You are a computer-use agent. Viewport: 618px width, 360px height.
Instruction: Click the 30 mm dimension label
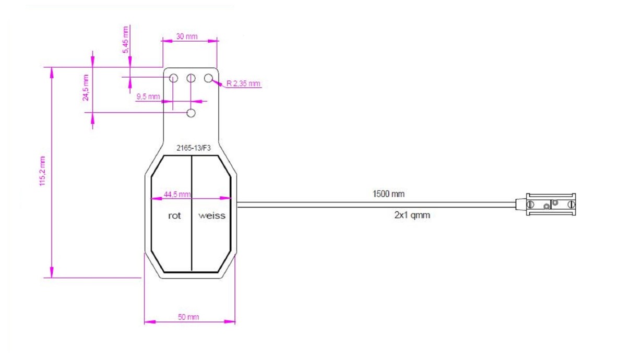tap(187, 36)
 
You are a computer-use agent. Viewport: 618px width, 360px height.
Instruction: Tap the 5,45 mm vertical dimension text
tap(126, 40)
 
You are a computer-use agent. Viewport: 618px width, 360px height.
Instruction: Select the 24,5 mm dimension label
tap(86, 88)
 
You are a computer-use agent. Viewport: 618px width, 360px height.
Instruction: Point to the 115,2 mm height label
tap(43, 171)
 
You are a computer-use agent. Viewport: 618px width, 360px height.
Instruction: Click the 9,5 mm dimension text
tap(148, 97)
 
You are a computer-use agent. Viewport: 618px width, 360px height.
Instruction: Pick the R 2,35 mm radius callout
tap(243, 83)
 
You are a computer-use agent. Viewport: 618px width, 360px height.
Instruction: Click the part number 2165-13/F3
tap(194, 148)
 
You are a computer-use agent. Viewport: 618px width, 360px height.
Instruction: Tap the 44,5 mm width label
tap(177, 194)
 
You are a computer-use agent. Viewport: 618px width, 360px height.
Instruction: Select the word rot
tap(174, 216)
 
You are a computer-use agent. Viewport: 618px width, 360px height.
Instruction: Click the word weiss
tap(211, 216)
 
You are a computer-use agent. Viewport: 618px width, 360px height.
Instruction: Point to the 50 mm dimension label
tap(188, 317)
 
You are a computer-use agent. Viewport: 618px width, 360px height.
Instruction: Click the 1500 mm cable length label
tap(388, 194)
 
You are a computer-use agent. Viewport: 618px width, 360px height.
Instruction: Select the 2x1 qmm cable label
tap(412, 215)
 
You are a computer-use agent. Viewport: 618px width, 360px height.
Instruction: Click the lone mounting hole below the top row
tap(191, 113)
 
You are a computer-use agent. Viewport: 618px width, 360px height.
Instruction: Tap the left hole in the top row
tap(173, 78)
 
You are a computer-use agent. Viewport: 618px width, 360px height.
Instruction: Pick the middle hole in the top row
tap(191, 78)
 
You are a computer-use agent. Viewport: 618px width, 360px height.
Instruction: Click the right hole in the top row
tap(208, 78)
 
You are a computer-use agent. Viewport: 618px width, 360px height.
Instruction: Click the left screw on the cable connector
tap(530, 205)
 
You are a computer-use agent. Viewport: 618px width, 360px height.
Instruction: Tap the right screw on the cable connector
tap(572, 205)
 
